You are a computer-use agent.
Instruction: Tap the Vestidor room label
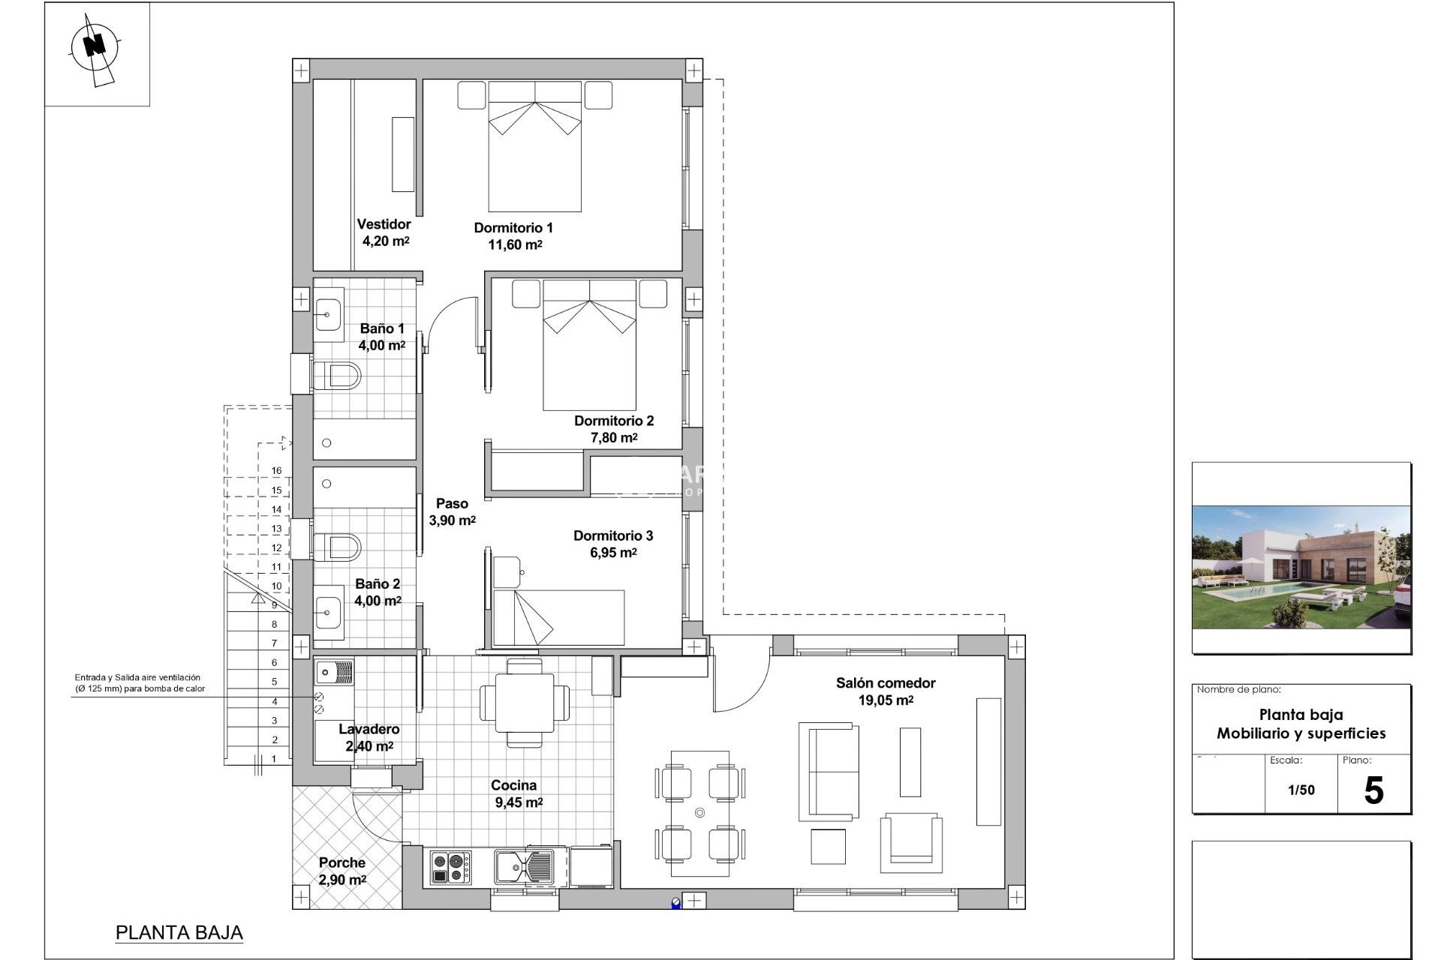[384, 224]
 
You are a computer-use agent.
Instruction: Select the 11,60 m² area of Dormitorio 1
[515, 244]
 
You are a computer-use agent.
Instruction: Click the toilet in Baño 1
[337, 375]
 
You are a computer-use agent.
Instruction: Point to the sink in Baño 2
[328, 613]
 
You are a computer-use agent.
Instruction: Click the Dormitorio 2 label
[614, 421]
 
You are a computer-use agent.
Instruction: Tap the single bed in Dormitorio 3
[558, 617]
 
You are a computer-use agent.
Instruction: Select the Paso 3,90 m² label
[452, 512]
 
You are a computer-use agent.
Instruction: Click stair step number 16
[276, 471]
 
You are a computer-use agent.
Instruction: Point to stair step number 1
[274, 759]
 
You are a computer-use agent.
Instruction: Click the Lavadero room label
[369, 729]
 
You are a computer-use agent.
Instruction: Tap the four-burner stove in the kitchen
[450, 868]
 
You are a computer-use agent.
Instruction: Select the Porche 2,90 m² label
[342, 871]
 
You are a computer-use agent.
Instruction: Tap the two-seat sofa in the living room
[829, 772]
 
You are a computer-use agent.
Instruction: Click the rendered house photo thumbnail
[1301, 567]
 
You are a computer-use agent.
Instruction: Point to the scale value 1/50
[1301, 790]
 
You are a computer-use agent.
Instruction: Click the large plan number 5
[1373, 791]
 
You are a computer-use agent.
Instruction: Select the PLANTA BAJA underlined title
[179, 933]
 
